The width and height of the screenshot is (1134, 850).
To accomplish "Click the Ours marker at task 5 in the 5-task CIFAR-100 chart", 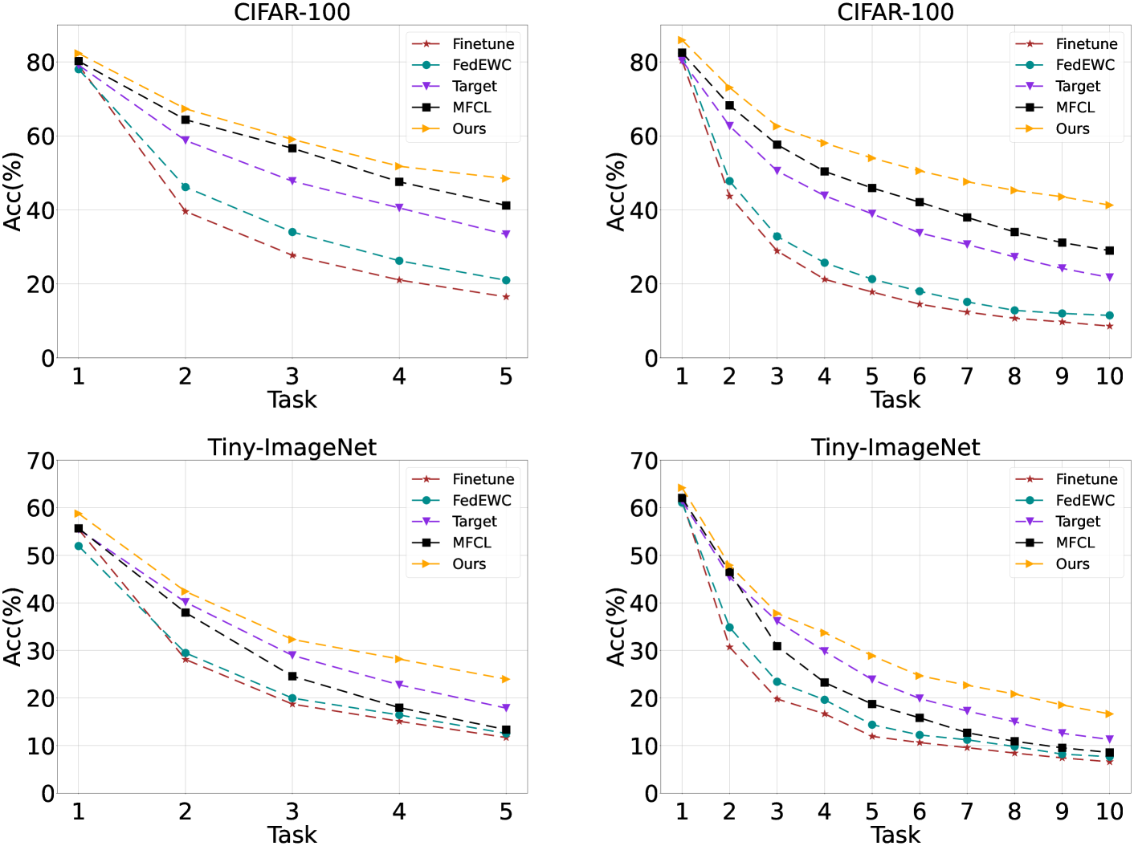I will [x=505, y=178].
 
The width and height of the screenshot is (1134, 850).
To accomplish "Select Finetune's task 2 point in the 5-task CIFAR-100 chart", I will [x=185, y=211].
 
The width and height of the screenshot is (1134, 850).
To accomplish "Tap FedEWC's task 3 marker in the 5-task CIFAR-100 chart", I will [x=292, y=232].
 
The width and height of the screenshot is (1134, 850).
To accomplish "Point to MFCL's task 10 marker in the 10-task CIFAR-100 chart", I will [x=1109, y=250].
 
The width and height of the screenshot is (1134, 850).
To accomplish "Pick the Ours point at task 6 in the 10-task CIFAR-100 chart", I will [x=920, y=170].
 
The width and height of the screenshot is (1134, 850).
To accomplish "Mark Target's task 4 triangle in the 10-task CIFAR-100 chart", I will [x=824, y=195].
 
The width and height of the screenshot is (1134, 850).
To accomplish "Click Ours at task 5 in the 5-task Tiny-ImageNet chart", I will [x=505, y=679].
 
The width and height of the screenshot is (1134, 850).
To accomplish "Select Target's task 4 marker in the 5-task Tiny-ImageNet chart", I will [x=399, y=685].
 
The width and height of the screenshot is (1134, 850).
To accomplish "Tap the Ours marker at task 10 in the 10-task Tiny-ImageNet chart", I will [x=1109, y=714].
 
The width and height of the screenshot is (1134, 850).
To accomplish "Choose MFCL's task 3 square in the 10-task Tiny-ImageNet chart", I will [x=777, y=646].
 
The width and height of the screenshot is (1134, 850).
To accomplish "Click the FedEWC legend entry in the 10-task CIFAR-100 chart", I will [x=1084, y=65].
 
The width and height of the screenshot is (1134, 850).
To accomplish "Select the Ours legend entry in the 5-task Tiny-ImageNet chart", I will [x=468, y=564].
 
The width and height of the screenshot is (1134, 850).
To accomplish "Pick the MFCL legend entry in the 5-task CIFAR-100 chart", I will [x=471, y=108].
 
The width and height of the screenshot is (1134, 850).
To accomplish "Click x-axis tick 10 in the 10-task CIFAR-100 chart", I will [x=1109, y=376].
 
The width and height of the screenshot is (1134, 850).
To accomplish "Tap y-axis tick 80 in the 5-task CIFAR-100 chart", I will [x=40, y=63].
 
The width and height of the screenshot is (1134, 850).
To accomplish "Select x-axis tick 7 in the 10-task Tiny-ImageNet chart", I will [x=967, y=811].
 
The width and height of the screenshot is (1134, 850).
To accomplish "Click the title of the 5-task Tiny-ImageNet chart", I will [x=292, y=447].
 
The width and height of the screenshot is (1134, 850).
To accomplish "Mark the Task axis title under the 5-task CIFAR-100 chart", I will [x=292, y=400].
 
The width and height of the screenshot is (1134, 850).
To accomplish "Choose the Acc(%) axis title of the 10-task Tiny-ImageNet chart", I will [x=616, y=626].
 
